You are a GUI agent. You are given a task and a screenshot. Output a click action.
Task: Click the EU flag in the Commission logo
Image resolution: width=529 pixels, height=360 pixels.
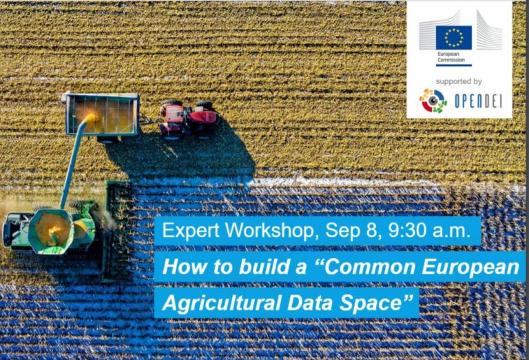pyautogui.click(x=453, y=37)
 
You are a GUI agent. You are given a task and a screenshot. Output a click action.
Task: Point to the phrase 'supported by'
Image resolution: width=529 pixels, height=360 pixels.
pyautogui.click(x=459, y=82)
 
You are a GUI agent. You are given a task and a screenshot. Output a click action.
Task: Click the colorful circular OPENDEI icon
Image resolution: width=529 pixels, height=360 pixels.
pyautogui.click(x=433, y=100)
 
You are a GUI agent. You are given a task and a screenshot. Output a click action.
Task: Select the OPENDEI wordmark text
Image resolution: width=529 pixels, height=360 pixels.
pyautogui.click(x=479, y=101)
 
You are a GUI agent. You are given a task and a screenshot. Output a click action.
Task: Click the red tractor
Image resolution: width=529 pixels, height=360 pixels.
pyautogui.click(x=189, y=119)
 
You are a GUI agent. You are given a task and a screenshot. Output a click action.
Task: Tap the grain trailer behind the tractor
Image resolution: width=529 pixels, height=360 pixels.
pyautogui.click(x=102, y=115)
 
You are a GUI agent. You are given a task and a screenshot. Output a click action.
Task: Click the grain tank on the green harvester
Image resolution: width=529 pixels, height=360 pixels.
pyautogui.click(x=51, y=231)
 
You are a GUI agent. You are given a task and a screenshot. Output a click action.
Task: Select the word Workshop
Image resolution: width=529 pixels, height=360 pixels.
pyautogui.click(x=272, y=230)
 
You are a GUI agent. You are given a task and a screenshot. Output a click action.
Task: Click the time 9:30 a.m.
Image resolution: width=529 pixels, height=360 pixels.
pyautogui.click(x=429, y=230)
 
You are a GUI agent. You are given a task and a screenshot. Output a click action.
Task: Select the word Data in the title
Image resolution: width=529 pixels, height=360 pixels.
pyautogui.click(x=310, y=302)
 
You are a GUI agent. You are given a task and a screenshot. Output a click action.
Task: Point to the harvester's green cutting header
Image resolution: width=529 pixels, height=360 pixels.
pyautogui.click(x=116, y=231)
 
